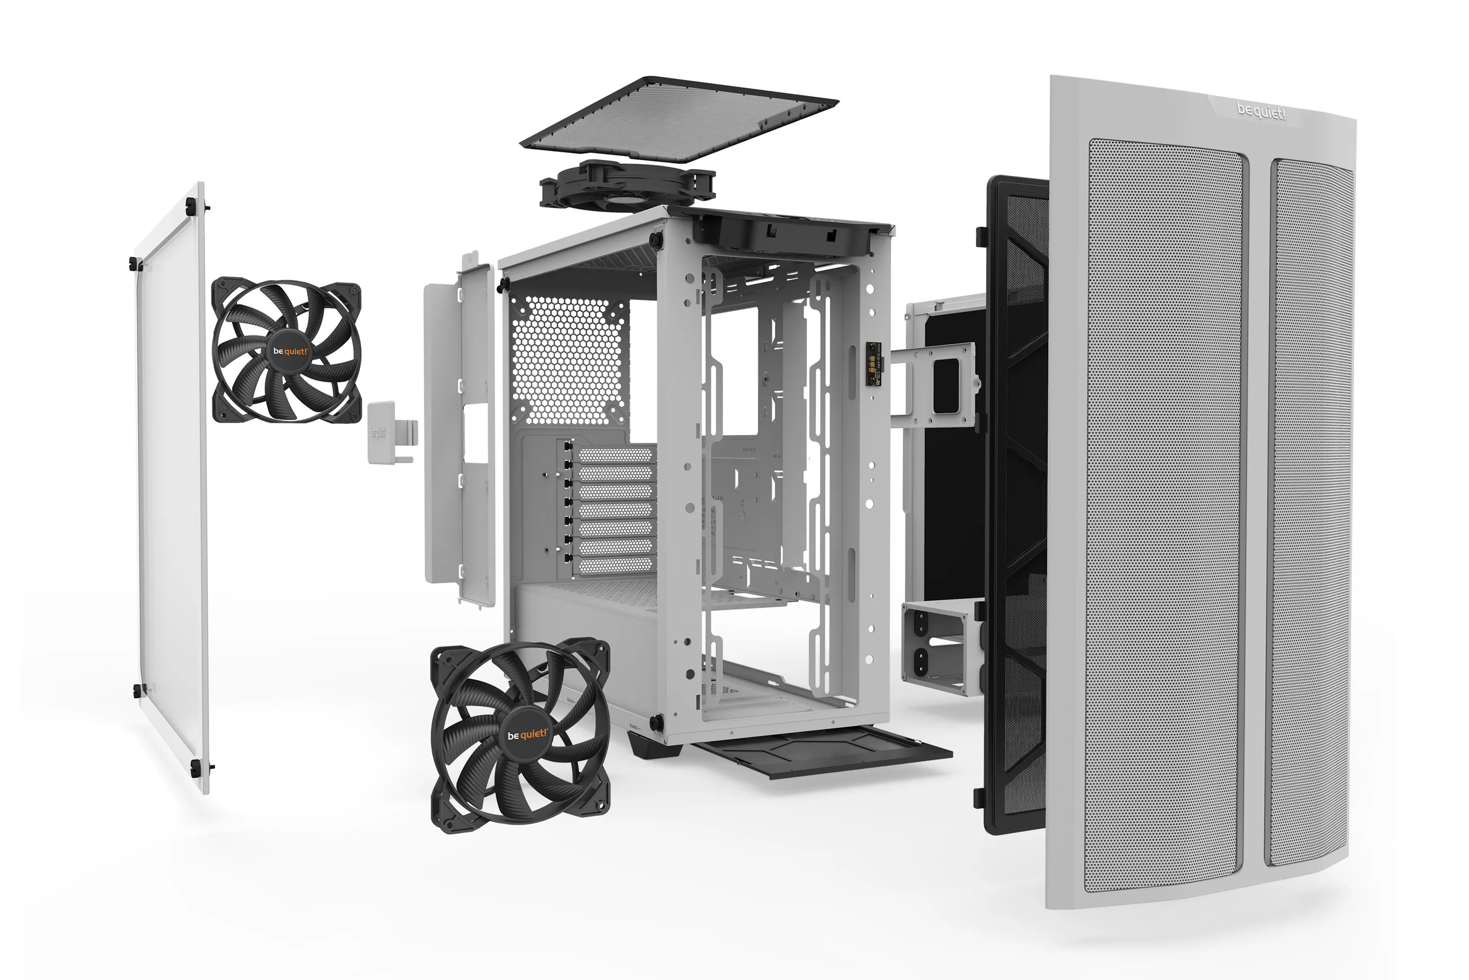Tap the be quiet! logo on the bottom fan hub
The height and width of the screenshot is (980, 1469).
coord(526,735)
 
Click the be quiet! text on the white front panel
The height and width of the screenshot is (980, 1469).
coord(1260,113)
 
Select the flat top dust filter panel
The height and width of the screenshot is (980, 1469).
coord(678,119)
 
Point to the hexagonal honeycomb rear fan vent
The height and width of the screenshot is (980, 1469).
coord(567,359)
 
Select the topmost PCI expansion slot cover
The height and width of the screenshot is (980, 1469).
coord(615,455)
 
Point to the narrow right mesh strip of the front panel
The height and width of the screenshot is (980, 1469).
coord(1311,513)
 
